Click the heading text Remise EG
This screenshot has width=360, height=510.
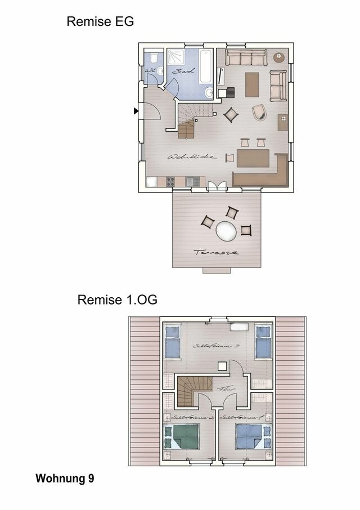[x=100, y=22]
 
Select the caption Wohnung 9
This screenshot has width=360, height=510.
[x=65, y=479]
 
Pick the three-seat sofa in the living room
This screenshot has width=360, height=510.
[x=246, y=57]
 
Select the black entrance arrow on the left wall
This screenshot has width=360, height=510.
[x=136, y=111]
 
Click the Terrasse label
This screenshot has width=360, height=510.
[x=216, y=253]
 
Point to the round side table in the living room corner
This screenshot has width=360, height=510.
[x=279, y=57]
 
